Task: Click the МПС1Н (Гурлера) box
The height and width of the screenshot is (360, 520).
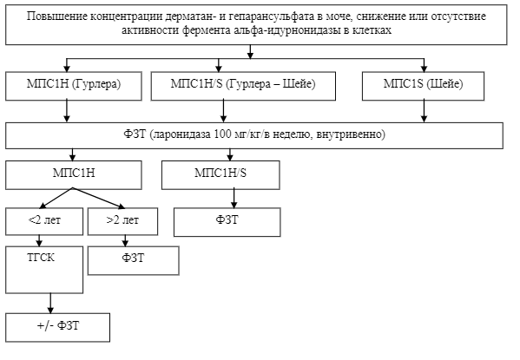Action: coord(74,86)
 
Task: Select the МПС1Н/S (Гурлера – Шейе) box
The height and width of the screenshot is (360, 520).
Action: coord(243,86)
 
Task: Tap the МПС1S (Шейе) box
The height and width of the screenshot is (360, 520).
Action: coord(423,86)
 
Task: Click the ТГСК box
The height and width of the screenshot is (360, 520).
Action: coord(44,270)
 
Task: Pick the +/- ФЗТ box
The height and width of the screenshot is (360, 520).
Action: coord(57,327)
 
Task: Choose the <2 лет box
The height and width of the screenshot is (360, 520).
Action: coord(44,221)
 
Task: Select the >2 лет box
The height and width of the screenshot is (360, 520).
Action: coord(122,221)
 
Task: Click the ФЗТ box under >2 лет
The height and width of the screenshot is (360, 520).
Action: coord(134,260)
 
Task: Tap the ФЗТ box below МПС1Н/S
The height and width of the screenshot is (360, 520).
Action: coord(227,222)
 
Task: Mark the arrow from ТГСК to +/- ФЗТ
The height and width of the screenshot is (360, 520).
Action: coord(50,304)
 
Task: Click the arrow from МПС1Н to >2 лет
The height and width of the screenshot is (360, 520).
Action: coord(99,199)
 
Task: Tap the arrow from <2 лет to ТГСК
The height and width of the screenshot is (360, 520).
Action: coord(39,240)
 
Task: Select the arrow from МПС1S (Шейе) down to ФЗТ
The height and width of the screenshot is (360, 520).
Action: coord(424,111)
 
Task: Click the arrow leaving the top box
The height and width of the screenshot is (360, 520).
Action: coord(250,52)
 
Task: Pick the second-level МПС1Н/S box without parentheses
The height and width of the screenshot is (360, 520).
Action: coord(221,175)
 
